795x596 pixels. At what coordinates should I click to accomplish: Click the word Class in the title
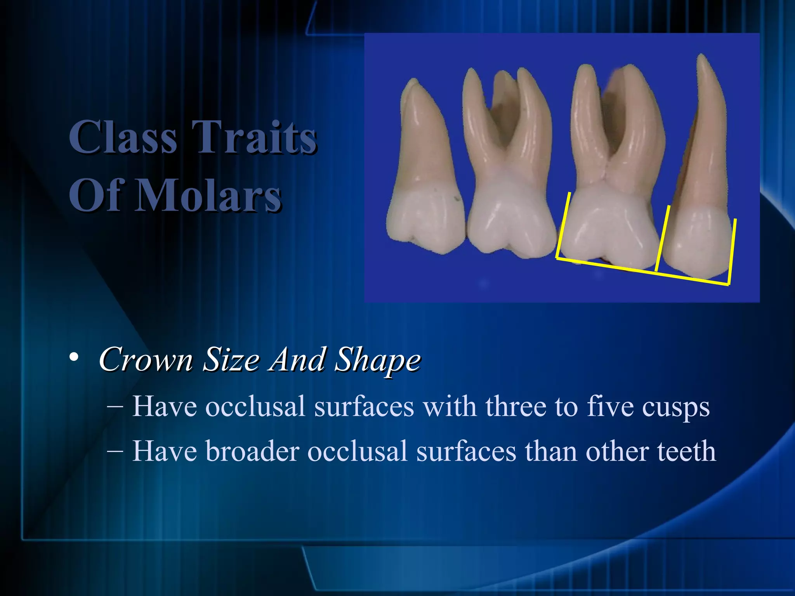click(x=123, y=137)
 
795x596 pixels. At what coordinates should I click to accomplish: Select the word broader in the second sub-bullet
click(x=252, y=451)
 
